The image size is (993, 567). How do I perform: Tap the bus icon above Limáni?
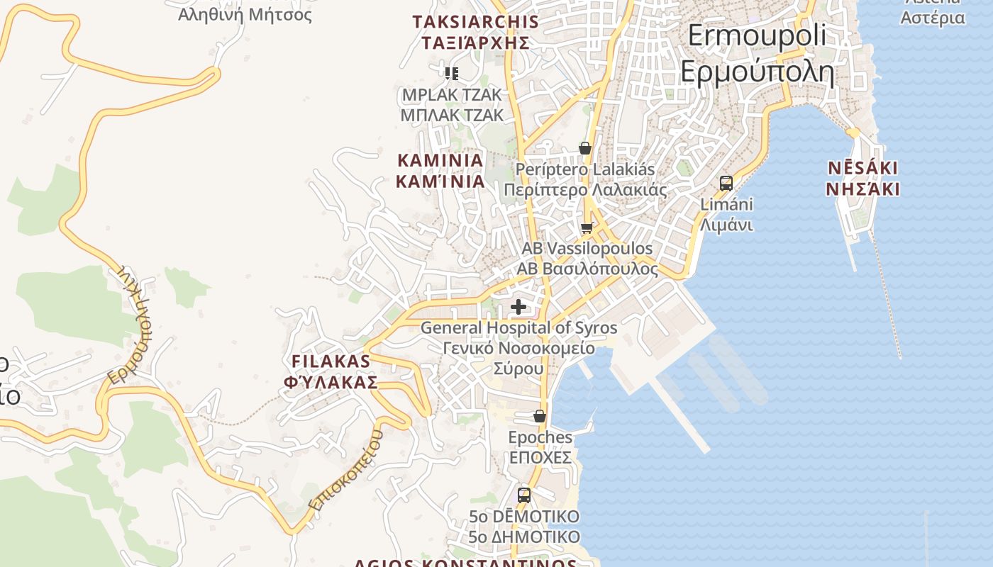(726, 183)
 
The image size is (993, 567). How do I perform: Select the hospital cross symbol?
(519, 307)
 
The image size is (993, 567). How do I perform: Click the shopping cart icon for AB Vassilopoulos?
(587, 228)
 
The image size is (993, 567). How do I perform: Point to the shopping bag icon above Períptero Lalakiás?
(585, 148)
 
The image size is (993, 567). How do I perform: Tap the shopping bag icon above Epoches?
(540, 416)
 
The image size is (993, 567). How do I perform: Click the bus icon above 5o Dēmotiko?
(524, 495)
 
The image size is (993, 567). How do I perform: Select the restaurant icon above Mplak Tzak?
(452, 73)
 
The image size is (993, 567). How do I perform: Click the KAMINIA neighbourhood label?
(440, 171)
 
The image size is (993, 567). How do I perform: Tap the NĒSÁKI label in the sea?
(863, 179)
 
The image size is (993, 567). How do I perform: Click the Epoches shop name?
(540, 447)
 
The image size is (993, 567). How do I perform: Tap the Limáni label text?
(726, 215)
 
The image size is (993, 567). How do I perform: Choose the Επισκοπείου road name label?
(347, 471)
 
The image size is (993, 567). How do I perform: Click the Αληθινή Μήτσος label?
(245, 14)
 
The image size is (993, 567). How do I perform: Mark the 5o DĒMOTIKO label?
(524, 527)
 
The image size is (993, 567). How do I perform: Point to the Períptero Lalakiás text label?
(585, 180)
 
